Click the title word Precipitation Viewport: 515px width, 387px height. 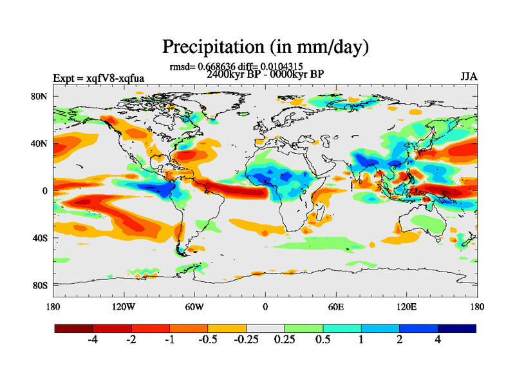click(210, 47)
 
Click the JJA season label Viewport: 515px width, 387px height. click(469, 77)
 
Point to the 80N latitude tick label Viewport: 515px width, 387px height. click(40, 97)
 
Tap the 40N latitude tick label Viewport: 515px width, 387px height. click(40, 144)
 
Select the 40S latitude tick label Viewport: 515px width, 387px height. click(40, 238)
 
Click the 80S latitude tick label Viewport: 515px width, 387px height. click(40, 285)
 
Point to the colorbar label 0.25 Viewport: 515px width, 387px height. click(285, 340)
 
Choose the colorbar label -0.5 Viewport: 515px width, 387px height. click(207, 340)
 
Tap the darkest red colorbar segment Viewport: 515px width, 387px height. click(74, 328)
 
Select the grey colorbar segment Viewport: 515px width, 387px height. click(265, 328)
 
